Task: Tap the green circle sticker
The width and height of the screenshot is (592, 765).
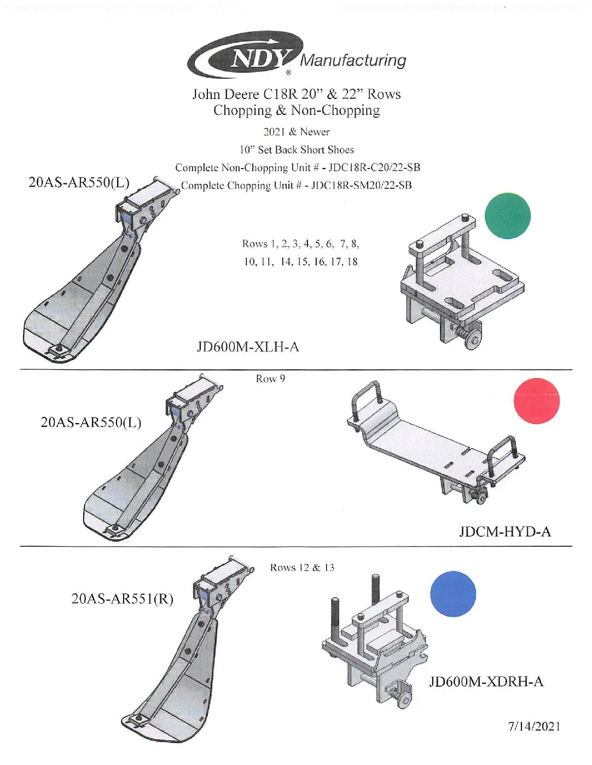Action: coord(507,216)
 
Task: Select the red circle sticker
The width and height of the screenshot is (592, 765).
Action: coord(537,401)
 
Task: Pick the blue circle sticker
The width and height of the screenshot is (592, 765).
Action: coord(452,594)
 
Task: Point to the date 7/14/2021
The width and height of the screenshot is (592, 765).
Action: coord(534,726)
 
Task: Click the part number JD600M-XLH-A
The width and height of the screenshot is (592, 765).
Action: coord(248,347)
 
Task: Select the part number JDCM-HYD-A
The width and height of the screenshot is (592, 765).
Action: coord(504,531)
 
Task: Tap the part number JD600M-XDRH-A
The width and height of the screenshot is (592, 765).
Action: coord(486,681)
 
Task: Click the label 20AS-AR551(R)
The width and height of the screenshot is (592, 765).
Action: coord(122,599)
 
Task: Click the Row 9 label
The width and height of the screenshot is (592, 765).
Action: coord(270,379)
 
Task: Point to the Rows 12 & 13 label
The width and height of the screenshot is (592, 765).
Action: coord(302,567)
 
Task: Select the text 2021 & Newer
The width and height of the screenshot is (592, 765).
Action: coord(297,132)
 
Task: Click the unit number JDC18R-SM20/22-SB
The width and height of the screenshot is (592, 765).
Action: coord(361,186)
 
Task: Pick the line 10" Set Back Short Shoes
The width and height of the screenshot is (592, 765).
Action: coord(297,149)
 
